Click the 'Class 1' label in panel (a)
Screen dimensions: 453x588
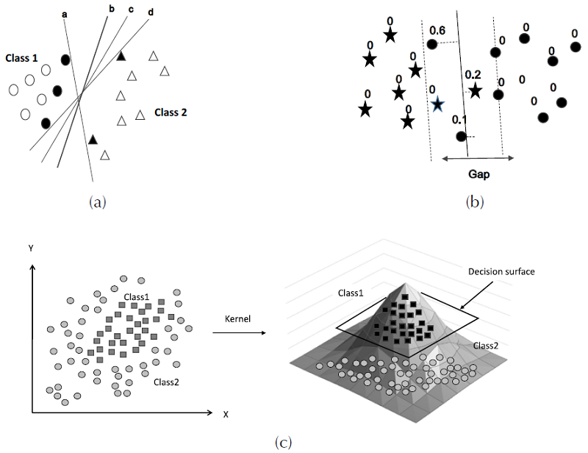tap(23, 57)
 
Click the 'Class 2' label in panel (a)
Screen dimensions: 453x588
tap(171, 113)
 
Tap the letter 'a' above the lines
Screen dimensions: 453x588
tap(65, 13)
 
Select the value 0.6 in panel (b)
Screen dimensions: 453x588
tap(437, 31)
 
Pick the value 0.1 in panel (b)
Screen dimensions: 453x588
tap(460, 120)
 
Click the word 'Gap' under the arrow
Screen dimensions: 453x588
tap(478, 176)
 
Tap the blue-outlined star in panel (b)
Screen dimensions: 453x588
tap(437, 104)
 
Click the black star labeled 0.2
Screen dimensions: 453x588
tap(475, 90)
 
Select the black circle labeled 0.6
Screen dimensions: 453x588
tap(432, 45)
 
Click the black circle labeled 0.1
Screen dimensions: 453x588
tap(461, 136)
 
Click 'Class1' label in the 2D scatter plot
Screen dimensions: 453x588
tap(137, 296)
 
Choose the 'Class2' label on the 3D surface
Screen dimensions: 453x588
tap(486, 344)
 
